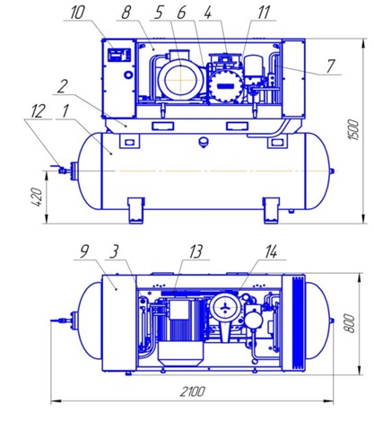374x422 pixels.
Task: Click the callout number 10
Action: [x=77, y=13]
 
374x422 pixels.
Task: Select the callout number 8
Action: [x=126, y=13]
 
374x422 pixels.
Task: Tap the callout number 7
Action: [x=330, y=66]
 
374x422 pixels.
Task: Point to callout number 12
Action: [x=38, y=111]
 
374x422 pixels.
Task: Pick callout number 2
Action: [x=62, y=87]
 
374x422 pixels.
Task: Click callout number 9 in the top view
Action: [x=84, y=251]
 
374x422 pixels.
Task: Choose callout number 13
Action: [x=196, y=251]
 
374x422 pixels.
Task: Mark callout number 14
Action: [x=271, y=251]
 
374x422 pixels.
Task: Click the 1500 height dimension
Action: [x=352, y=129]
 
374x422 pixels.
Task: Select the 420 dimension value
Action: [x=37, y=197]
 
